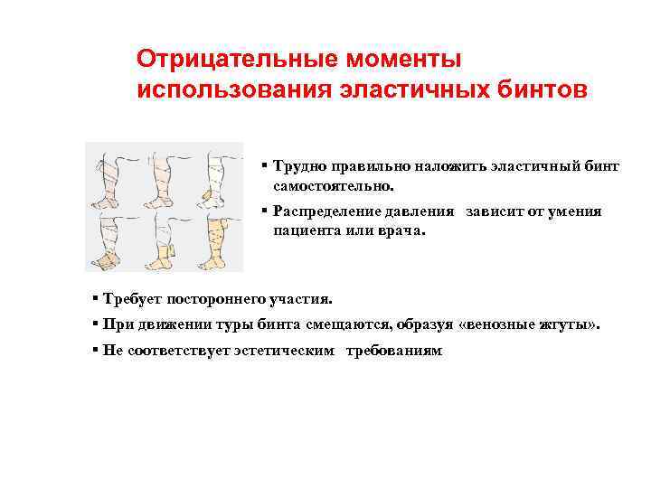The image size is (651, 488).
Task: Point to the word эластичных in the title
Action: point(386,90)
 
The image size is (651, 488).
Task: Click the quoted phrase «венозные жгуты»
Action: point(542,324)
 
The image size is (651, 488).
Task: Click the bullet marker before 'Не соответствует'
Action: point(95,350)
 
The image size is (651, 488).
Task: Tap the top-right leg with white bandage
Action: point(217,174)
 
